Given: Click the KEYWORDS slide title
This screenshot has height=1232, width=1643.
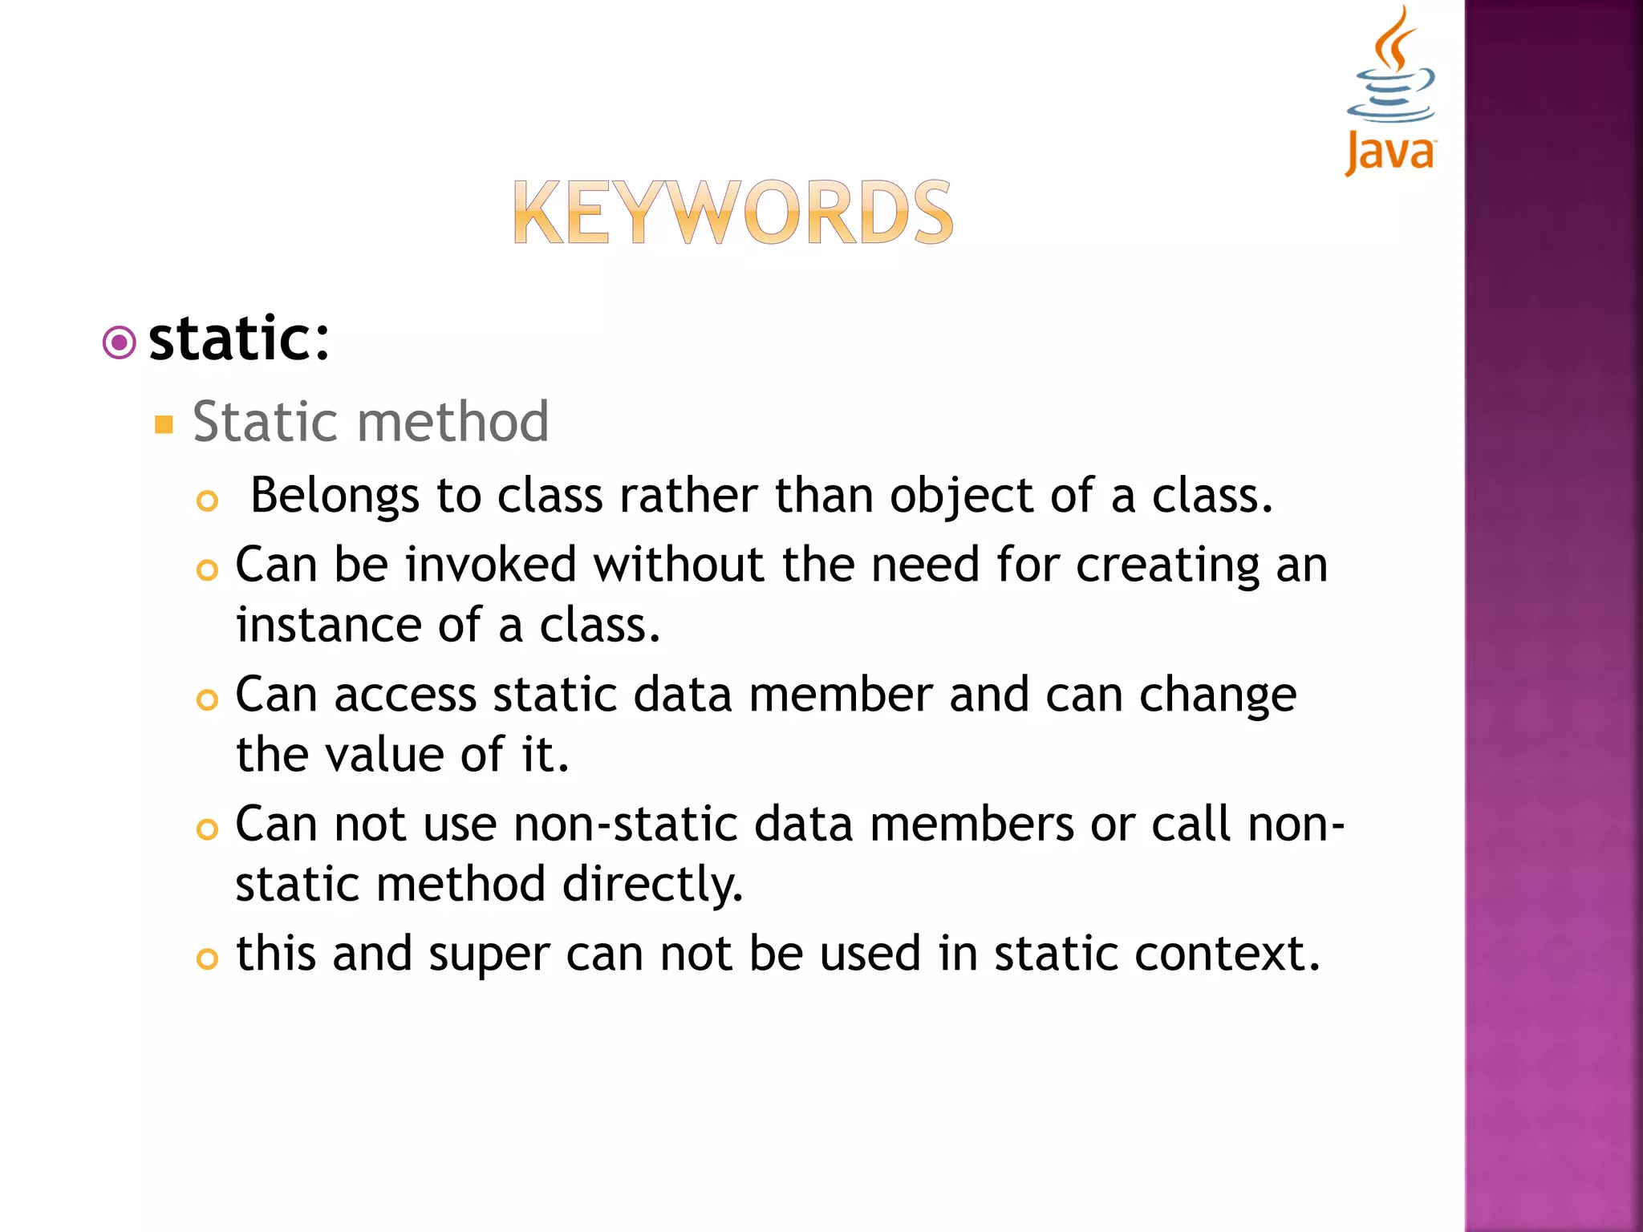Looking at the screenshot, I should click(732, 213).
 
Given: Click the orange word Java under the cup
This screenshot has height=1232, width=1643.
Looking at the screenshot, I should click(1390, 152).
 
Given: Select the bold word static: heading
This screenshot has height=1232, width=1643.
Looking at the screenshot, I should click(239, 339).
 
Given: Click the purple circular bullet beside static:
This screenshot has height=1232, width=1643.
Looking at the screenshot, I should click(120, 343).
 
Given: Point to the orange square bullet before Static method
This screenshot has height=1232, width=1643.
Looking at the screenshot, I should click(164, 424).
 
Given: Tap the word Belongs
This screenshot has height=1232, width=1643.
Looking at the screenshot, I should click(335, 496).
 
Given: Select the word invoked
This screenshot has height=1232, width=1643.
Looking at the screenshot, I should click(491, 564).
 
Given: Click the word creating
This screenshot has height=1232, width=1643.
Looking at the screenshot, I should click(1167, 565).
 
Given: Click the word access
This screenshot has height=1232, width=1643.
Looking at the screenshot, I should click(405, 695).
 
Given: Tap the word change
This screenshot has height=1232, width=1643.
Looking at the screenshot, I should click(1217, 696).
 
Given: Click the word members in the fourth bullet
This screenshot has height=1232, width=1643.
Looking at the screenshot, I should click(972, 824).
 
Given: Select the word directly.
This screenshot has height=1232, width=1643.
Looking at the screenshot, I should click(653, 885).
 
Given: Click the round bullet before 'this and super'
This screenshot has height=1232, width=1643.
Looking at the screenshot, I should click(207, 958).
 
